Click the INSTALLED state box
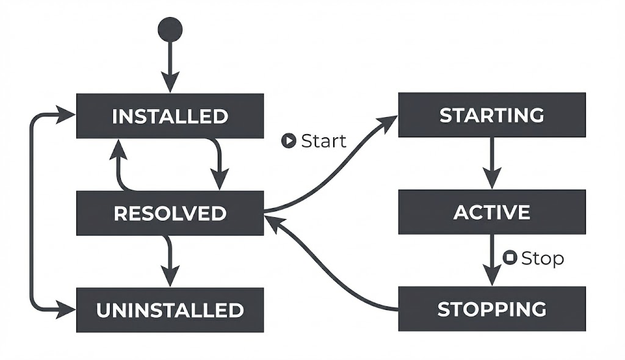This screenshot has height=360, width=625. [170, 116]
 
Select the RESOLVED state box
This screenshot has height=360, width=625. [170, 213]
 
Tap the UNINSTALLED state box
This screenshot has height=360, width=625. [170, 310]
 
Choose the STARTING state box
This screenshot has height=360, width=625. [492, 115]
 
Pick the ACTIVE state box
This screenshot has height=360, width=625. [492, 212]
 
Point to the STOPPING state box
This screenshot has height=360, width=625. [492, 309]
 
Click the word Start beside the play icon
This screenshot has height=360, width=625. [323, 141]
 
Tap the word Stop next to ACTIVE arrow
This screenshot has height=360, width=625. [542, 259]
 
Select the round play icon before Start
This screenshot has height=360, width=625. [288, 141]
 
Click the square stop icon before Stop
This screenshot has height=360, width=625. [510, 258]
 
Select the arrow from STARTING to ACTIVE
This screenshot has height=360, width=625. [492, 162]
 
